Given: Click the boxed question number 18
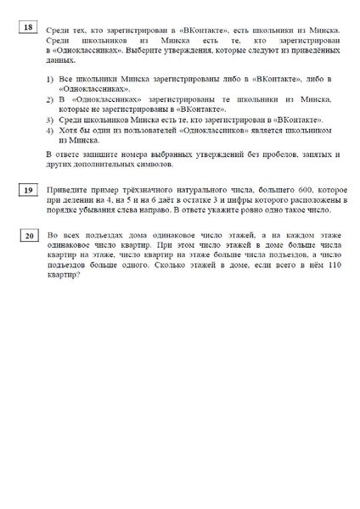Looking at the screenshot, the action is (x=28, y=28).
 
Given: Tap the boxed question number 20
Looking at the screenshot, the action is (x=28, y=236).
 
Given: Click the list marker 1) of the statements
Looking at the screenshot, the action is (x=50, y=79).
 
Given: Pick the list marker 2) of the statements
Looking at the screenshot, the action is (x=50, y=99).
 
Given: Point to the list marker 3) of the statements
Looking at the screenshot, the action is (x=50, y=120).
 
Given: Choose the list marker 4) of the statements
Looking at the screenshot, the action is (x=50, y=130).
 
